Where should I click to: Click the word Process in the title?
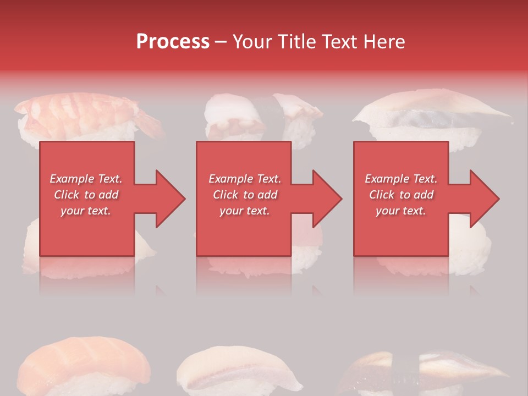173,42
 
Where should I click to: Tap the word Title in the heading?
295,42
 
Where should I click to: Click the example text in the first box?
86,195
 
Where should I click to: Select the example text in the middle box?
245,195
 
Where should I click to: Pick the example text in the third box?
401,195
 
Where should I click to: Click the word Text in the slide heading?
340,42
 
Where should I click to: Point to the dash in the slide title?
221,42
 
